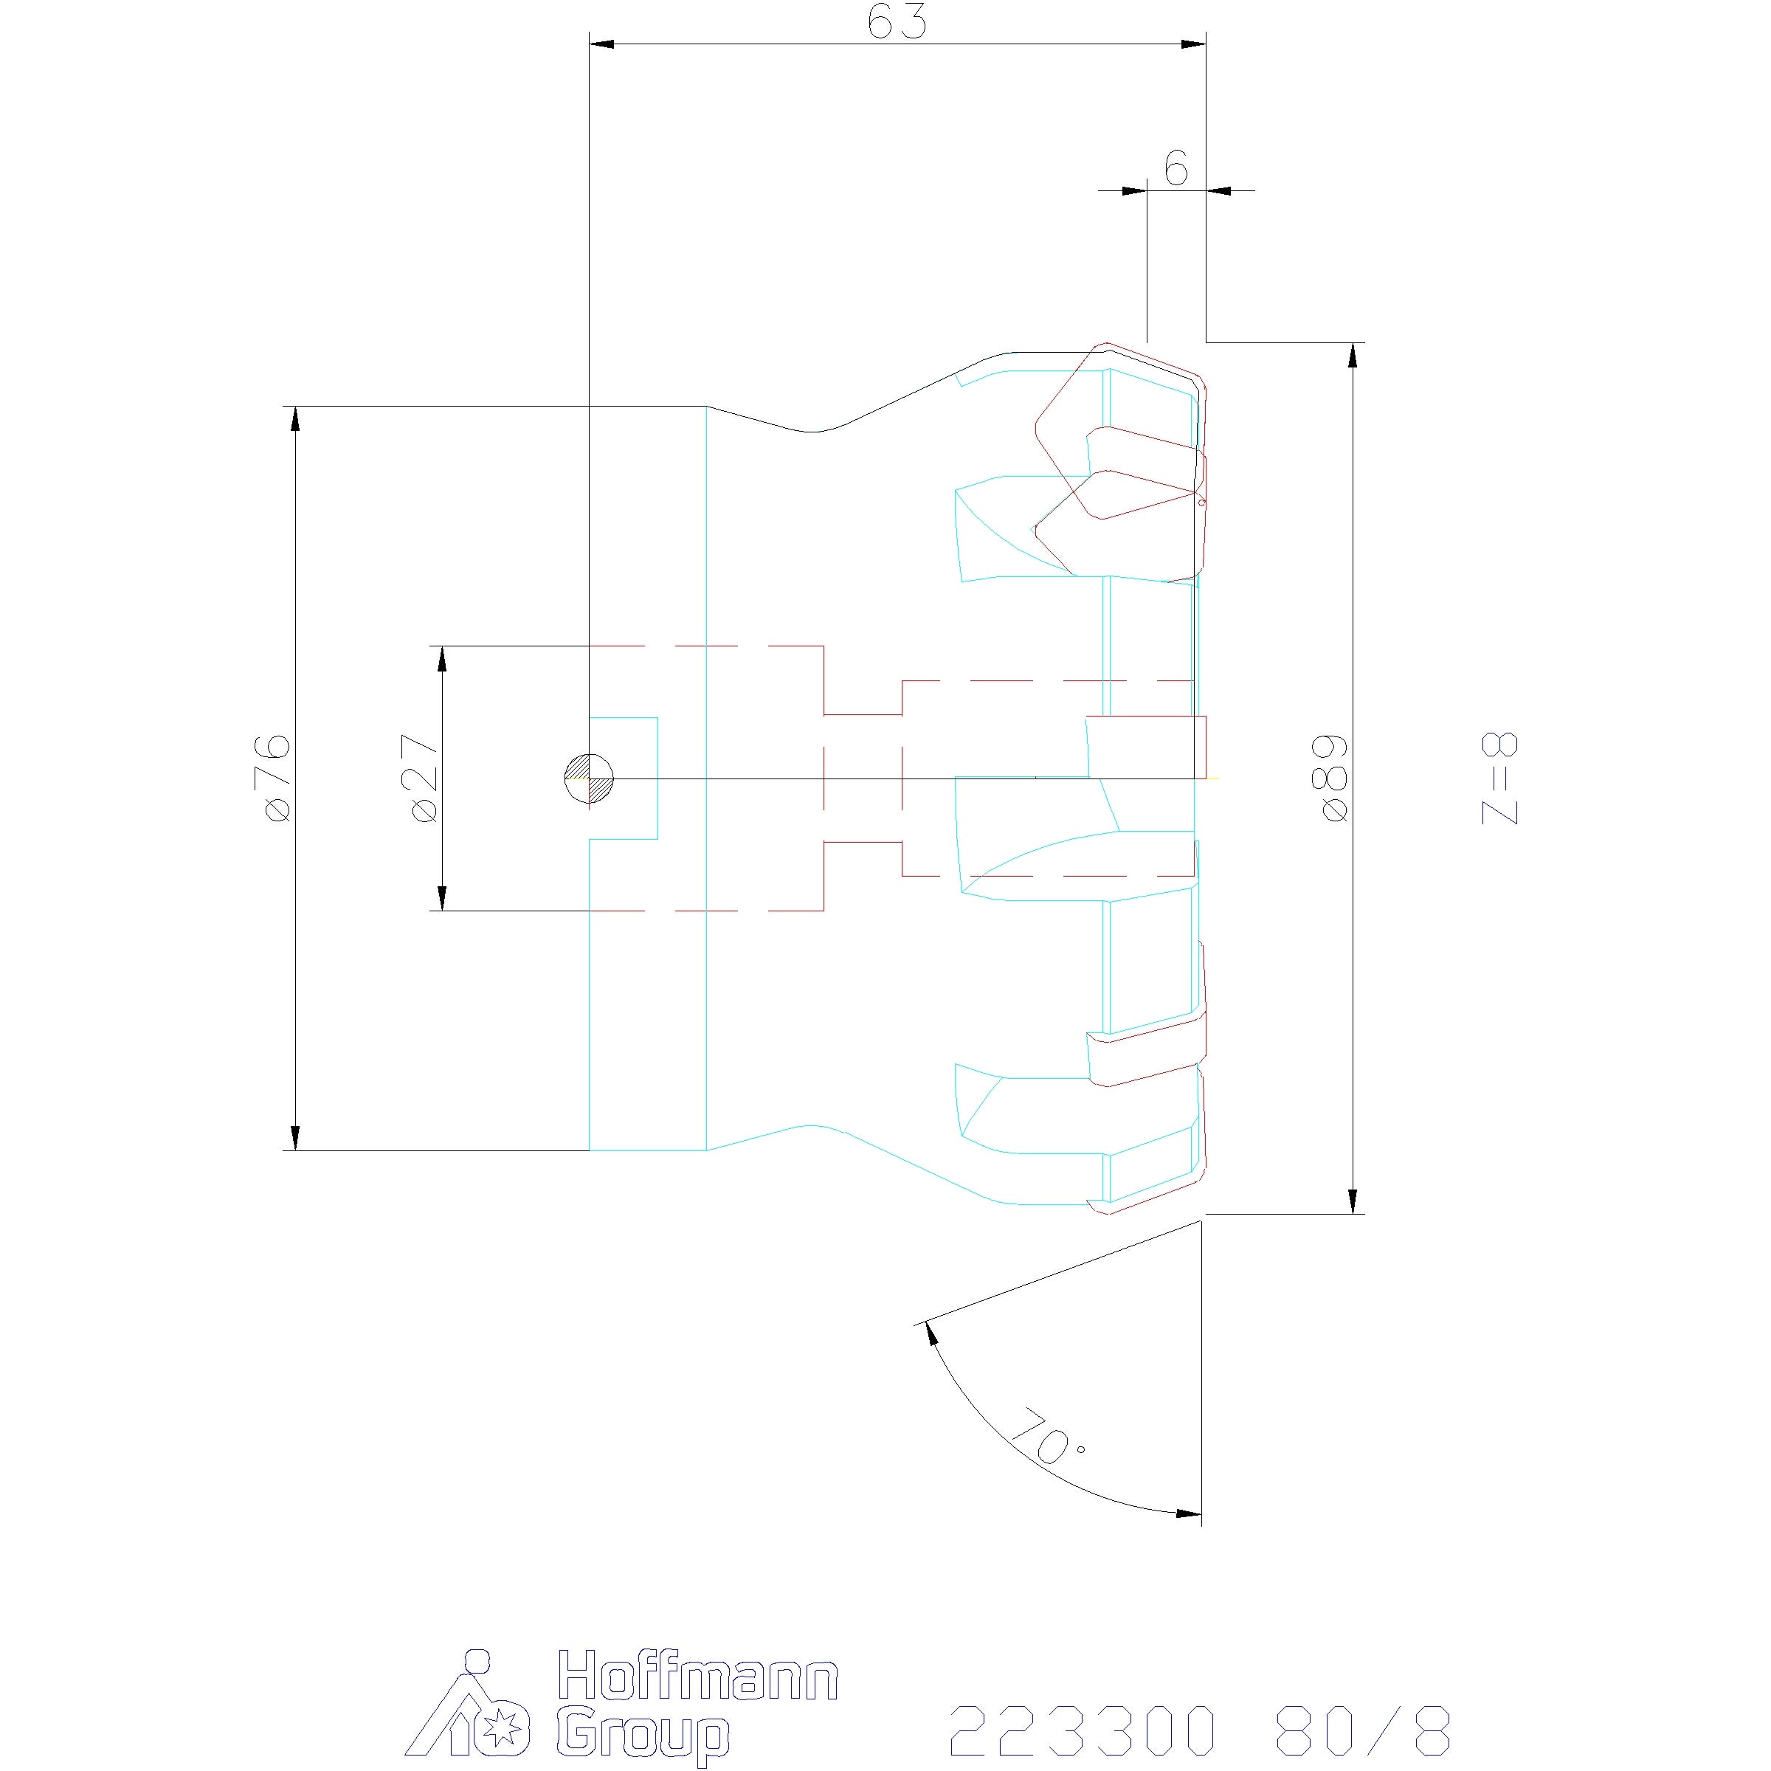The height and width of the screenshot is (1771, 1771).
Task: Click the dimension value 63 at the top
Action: [897, 21]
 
